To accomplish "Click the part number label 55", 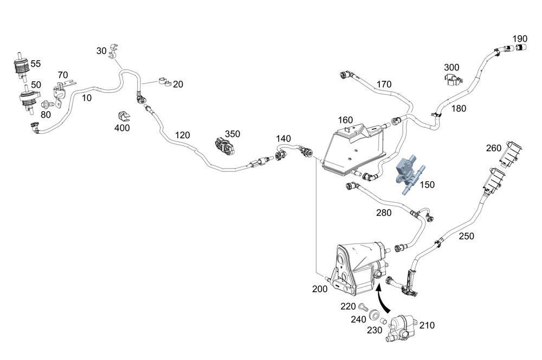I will (36, 63).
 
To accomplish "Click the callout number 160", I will (345, 120).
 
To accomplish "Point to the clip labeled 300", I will (451, 81).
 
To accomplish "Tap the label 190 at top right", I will (519, 38).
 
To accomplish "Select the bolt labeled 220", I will (363, 307).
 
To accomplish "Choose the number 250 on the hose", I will (466, 236).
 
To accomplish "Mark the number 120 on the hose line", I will (183, 134).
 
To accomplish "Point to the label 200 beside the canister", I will (320, 289).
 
